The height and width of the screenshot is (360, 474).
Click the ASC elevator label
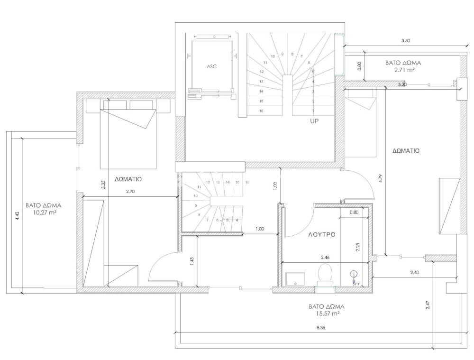pyautogui.click(x=211, y=66)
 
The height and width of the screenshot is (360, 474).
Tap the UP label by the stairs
pyautogui.click(x=314, y=121)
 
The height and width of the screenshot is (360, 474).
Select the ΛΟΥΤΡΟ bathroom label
pyautogui.click(x=322, y=234)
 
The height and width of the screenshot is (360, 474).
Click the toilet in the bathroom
pyautogui.click(x=325, y=273)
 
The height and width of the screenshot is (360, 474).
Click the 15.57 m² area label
pyautogui.click(x=327, y=314)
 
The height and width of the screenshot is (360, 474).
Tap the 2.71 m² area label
pyautogui.click(x=403, y=70)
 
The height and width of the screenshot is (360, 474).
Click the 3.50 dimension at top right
pyautogui.click(x=406, y=41)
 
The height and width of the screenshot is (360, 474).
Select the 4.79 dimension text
pyautogui.click(x=381, y=178)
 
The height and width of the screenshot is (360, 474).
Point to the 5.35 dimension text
pyautogui.click(x=103, y=185)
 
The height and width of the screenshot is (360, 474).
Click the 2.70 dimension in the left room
pyautogui.click(x=130, y=191)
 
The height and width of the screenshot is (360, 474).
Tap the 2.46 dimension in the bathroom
pyautogui.click(x=325, y=258)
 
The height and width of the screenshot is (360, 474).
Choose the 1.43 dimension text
pyautogui.click(x=191, y=261)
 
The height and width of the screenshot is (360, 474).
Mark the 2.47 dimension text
pyautogui.click(x=428, y=305)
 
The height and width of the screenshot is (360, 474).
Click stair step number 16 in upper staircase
pyautogui.click(x=261, y=111)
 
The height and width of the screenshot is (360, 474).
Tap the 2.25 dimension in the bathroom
pyautogui.click(x=358, y=247)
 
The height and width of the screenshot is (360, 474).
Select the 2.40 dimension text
pyautogui.click(x=414, y=273)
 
